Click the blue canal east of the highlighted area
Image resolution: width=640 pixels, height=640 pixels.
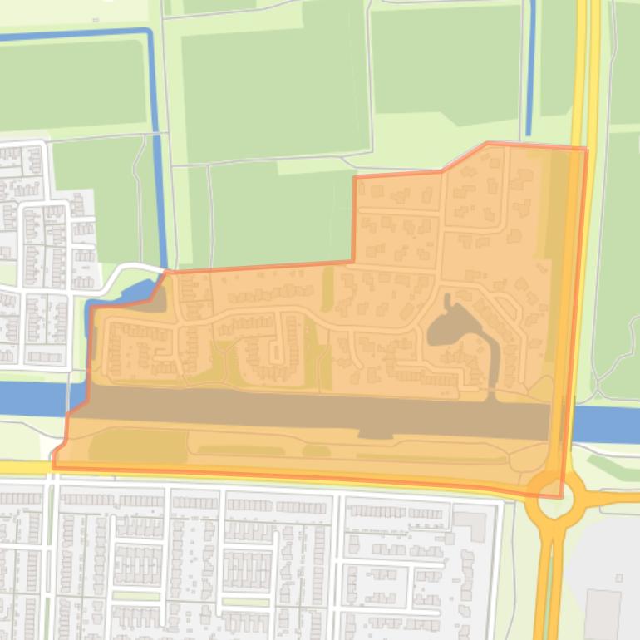[x=607, y=424]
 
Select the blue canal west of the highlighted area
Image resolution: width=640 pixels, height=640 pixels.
[x=33, y=398]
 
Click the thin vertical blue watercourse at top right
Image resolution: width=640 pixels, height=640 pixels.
[x=530, y=66]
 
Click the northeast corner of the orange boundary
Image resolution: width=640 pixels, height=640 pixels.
[x=587, y=150]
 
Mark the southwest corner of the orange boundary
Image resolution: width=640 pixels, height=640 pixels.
[x=54, y=465]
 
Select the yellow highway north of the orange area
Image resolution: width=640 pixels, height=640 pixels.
[x=582, y=66]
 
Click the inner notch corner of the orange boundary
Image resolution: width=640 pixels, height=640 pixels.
[x=354, y=262]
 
